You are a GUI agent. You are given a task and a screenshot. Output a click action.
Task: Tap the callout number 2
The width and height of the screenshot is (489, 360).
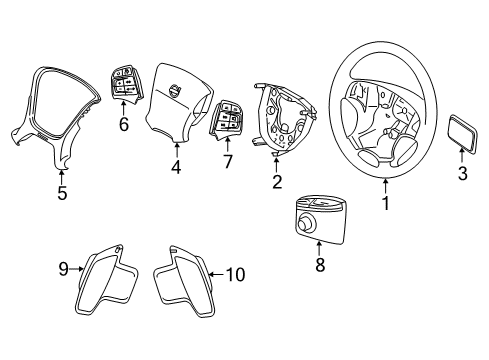pyautogui.click(x=277, y=183)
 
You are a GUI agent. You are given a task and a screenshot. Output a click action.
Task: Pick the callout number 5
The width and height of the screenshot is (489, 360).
pyautogui.click(x=61, y=193)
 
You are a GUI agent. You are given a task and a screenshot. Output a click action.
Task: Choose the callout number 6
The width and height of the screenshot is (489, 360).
pyautogui.click(x=124, y=125)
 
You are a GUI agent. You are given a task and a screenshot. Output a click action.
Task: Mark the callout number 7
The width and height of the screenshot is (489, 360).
pyautogui.click(x=226, y=161)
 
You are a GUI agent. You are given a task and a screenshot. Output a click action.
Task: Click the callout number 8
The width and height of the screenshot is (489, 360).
pyautogui.click(x=320, y=265)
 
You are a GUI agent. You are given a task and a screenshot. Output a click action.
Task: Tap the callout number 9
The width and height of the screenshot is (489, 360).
pyautogui.click(x=62, y=268)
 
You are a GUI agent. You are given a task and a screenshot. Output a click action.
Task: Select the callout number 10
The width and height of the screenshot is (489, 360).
pyautogui.click(x=237, y=274)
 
